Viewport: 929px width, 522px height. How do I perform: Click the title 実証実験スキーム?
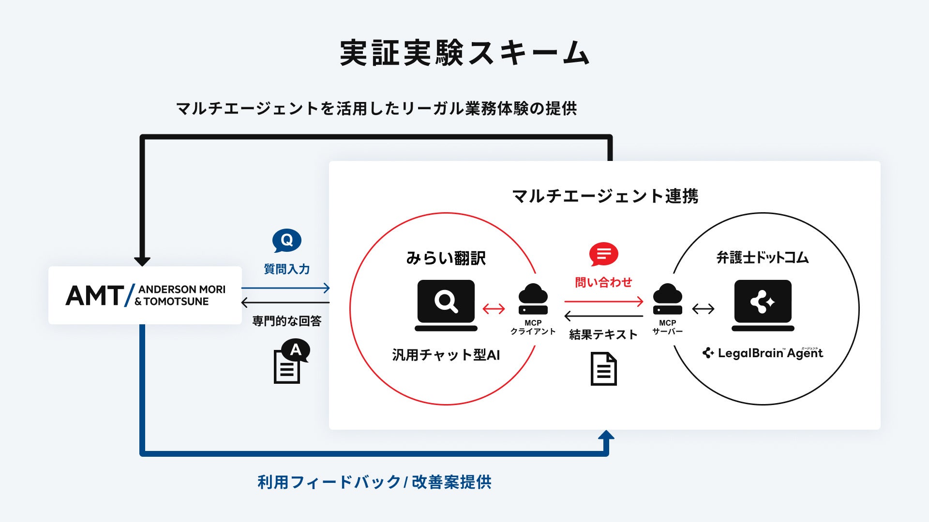click(x=464, y=53)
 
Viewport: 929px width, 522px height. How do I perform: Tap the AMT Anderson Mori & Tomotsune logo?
click(x=145, y=295)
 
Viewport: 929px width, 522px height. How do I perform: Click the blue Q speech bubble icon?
click(x=286, y=241)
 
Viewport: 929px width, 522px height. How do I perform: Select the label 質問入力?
click(x=286, y=269)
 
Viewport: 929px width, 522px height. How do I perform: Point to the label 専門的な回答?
click(x=286, y=321)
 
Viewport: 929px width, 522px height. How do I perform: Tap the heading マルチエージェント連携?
click(x=605, y=196)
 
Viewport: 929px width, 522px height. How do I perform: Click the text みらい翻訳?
click(x=446, y=258)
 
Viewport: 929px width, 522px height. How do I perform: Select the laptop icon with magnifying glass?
click(x=446, y=305)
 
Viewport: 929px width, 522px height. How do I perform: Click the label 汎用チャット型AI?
click(x=446, y=355)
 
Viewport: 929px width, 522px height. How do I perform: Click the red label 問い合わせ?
click(x=603, y=282)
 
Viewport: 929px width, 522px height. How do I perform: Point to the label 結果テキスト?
click(x=603, y=334)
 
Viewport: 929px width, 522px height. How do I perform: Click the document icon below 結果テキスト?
click(x=603, y=369)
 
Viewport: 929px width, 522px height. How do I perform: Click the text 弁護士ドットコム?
click(x=763, y=258)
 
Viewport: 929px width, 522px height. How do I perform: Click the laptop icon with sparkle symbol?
click(x=763, y=305)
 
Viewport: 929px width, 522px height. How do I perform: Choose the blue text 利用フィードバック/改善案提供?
click(x=375, y=482)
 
